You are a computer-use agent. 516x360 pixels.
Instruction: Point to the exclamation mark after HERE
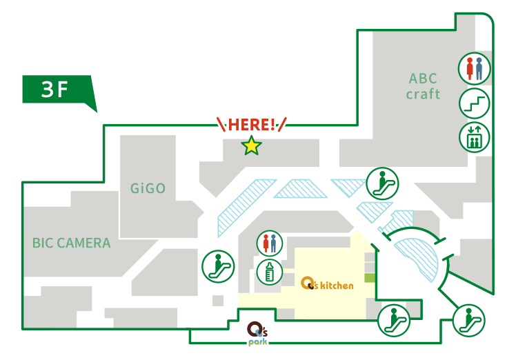tap(274, 125)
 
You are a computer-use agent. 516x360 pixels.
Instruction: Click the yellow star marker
tap(251, 146)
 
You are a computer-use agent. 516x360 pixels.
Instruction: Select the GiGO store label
tap(148, 188)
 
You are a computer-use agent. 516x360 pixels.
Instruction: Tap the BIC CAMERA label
tap(71, 243)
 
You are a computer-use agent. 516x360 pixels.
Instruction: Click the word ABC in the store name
tap(423, 79)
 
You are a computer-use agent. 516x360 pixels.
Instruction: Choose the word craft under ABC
tap(423, 94)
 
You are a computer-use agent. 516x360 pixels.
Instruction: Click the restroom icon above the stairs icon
tap(475, 69)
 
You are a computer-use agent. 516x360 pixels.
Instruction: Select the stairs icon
tap(475, 103)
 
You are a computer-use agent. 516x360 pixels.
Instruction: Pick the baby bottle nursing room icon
tap(270, 271)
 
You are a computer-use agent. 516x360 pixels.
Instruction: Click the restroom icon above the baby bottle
tap(270, 243)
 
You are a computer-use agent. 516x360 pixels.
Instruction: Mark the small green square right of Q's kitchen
tap(369, 277)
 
